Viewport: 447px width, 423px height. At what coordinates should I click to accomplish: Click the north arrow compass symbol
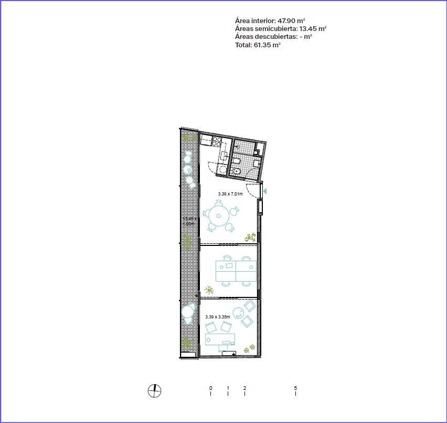tap(155, 391)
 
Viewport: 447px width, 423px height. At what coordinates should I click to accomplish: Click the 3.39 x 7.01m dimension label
tap(230, 194)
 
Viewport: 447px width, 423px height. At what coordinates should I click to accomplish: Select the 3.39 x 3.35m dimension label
tap(218, 316)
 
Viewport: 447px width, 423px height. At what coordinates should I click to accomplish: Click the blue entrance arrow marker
tap(265, 191)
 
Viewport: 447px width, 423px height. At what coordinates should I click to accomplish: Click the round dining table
tap(218, 216)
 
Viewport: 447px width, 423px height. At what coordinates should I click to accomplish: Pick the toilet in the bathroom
tap(236, 171)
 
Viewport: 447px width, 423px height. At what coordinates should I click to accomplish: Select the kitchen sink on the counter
tap(223, 156)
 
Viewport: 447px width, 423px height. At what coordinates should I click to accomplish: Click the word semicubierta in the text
tap(275, 29)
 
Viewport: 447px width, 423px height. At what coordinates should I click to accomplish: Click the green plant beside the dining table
tap(250, 238)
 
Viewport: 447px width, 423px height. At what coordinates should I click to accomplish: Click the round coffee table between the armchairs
tap(238, 313)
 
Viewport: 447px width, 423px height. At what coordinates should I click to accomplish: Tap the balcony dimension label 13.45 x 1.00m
tap(189, 221)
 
